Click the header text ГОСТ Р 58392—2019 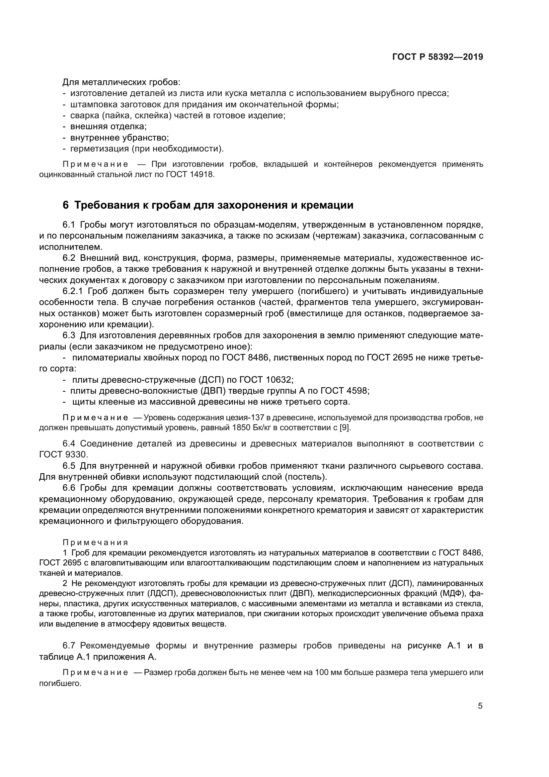[x=437, y=57]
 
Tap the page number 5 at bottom [x=480, y=706]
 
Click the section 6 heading [x=208, y=205]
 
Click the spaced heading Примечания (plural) [x=95, y=542]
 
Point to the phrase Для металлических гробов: [x=122, y=82]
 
